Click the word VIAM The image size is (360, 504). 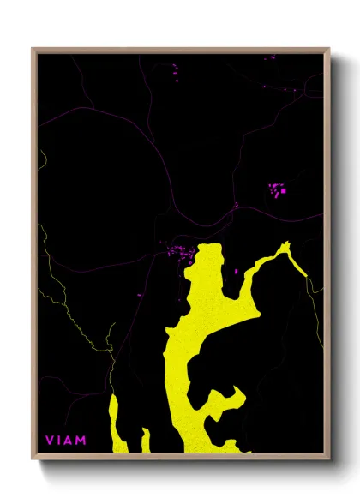(x=66, y=441)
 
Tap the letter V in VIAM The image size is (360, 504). (x=49, y=441)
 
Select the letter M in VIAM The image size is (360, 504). (x=81, y=441)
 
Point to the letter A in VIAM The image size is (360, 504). (x=69, y=441)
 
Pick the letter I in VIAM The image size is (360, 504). (x=58, y=441)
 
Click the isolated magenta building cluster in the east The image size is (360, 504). (x=278, y=189)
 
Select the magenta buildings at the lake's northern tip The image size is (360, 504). (x=180, y=251)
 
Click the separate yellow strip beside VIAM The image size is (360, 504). (x=117, y=423)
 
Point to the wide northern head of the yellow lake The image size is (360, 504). (x=207, y=266)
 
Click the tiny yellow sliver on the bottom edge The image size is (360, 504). (x=146, y=441)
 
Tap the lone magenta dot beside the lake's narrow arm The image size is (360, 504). (x=236, y=271)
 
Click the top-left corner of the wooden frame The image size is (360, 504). (x=33, y=49)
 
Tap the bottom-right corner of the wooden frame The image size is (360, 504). (x=329, y=458)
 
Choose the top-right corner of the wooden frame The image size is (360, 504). (x=329, y=49)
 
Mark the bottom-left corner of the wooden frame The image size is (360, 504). (x=33, y=458)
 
